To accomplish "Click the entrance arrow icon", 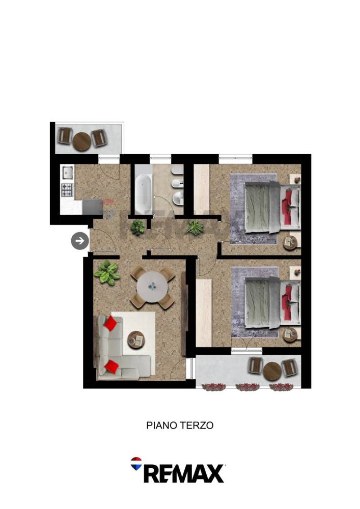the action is coord(80,241).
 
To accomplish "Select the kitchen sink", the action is coord(68,173).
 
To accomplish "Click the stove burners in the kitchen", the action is coord(67,190).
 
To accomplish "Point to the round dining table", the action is coord(152,287).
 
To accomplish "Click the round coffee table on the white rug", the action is coord(135,340).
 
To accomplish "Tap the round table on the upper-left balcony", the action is coord(81,142).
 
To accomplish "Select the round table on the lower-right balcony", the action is coord(272,371).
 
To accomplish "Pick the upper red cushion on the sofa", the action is coord(110,323).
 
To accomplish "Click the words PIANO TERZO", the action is coord(180,425).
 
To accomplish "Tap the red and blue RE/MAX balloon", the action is coord(136,464).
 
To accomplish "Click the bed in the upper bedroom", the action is coord(272,207).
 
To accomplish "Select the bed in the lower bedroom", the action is coord(272,302).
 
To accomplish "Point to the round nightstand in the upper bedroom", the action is coord(290,242).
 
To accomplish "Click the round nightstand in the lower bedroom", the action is coord(290,335).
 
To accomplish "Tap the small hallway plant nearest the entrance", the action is coord(137,227).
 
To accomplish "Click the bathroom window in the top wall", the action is coord(160,159).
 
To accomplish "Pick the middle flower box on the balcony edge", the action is coord(247,387).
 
